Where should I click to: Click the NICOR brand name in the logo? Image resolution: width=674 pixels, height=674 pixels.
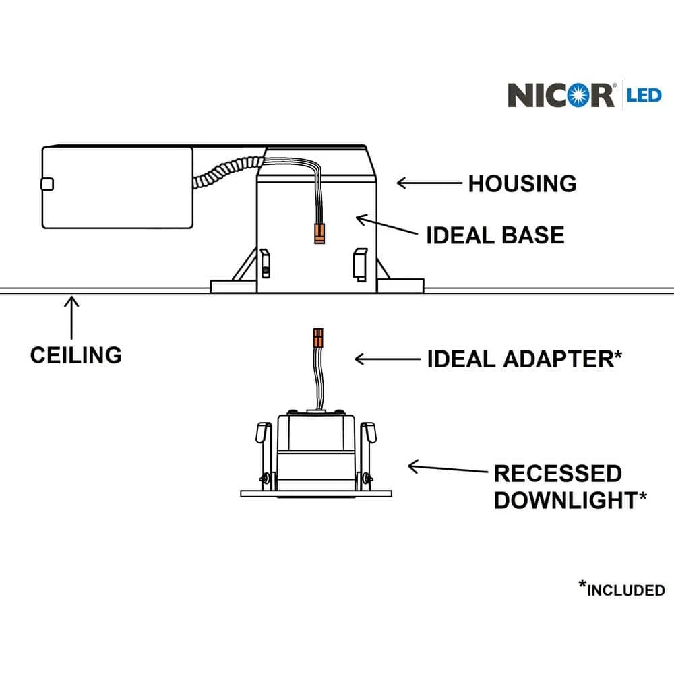point(561,95)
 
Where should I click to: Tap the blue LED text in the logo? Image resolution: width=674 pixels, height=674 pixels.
point(644,95)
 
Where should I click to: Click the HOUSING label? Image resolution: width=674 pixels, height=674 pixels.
point(522,183)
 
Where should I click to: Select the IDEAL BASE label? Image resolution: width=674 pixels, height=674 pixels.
point(495,235)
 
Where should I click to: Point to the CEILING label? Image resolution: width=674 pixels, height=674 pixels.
point(76,354)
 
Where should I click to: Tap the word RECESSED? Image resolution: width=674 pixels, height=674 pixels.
point(557,473)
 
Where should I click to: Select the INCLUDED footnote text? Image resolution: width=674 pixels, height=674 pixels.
point(625,590)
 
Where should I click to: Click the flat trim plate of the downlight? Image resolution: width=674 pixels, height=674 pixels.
point(316,493)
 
